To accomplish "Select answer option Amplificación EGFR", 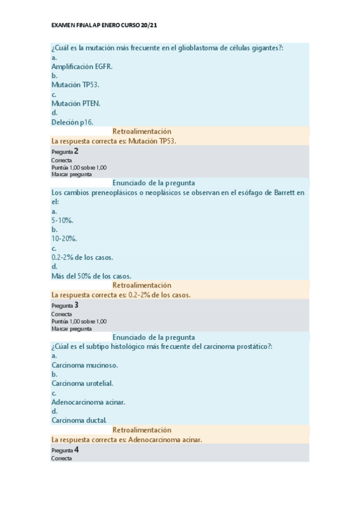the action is pos(82,66).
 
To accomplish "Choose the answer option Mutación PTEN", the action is pos(76,103).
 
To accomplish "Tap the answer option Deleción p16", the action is pos(72,122).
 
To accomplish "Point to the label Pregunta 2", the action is pos(65,152).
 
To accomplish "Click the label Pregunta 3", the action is pos(65,306).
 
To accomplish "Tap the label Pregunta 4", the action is pos(65,450).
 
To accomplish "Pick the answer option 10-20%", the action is pos(62,239).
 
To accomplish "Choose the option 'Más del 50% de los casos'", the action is pos(91,276).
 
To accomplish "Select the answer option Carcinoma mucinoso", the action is pos(85,365).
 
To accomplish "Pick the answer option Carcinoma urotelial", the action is pos(82,383).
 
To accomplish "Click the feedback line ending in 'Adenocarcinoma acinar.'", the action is pos(127,440).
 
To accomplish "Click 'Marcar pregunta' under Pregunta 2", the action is pos(72,174).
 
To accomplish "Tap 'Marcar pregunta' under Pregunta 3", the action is pos(72,328).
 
